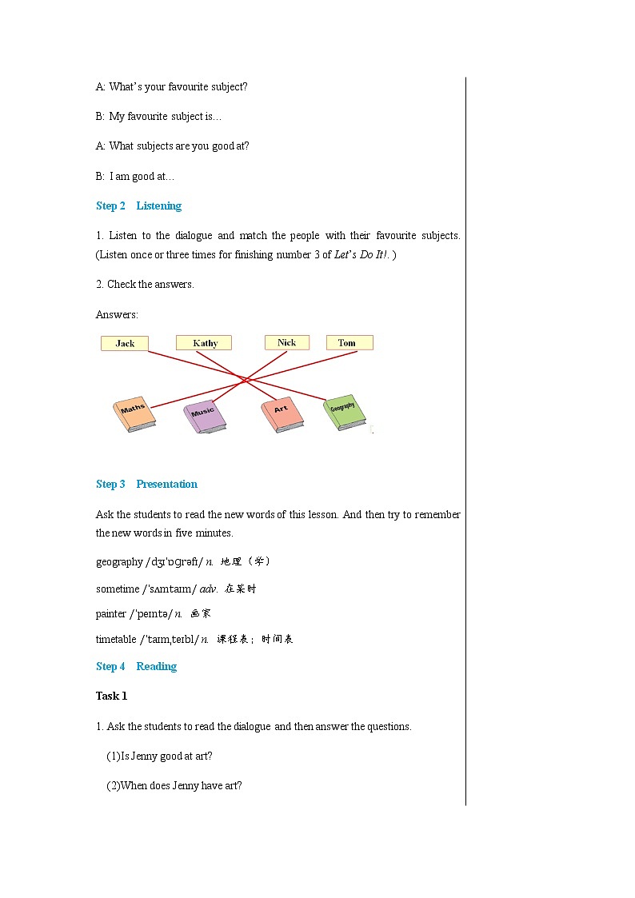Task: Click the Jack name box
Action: pos(125,343)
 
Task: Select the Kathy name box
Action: pos(205,343)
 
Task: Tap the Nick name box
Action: pos(286,342)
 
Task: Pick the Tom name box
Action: pos(349,342)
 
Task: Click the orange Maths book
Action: pos(134,413)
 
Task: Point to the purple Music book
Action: pos(204,415)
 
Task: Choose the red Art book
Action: pos(282,413)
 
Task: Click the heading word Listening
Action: pos(158,206)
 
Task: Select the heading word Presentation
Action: pos(166,484)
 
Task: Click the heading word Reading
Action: pos(156,666)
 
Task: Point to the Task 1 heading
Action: pos(111,696)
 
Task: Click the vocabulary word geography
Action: pos(119,562)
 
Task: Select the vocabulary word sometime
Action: pos(117,589)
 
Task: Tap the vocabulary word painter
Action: pos(111,614)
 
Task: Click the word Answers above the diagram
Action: pos(117,314)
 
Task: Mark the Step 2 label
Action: pos(110,206)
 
